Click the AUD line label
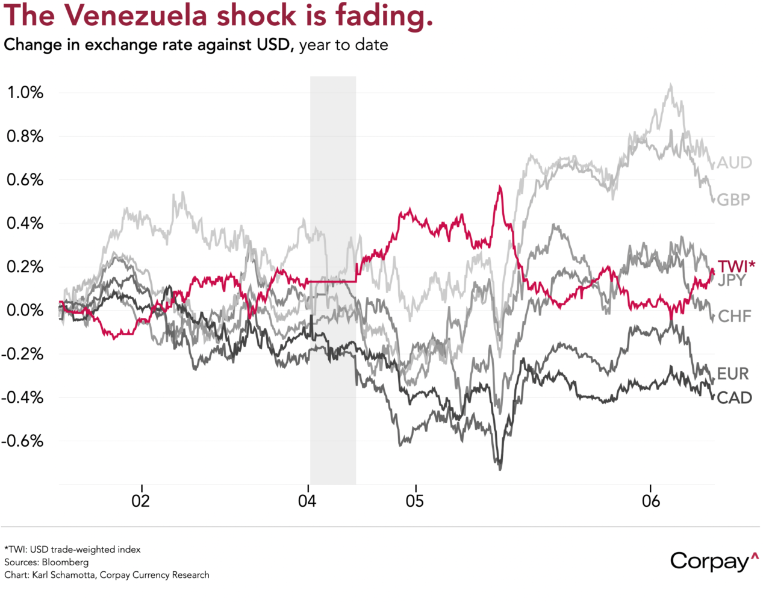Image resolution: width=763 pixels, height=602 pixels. point(734,163)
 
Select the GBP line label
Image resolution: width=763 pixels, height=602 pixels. point(733,200)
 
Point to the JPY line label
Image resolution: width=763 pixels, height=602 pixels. point(732,280)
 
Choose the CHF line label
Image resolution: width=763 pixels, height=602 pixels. point(734,316)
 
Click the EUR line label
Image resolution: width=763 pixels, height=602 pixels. point(733,374)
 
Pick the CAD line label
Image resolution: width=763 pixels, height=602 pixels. point(734,397)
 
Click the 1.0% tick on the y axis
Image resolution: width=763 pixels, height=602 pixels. point(25,93)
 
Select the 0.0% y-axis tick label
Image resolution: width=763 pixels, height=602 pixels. point(25,311)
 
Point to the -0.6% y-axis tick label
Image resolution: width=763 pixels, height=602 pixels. point(22,441)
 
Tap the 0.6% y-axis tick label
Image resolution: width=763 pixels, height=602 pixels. point(25,180)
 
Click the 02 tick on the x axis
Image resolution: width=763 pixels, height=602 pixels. point(141,501)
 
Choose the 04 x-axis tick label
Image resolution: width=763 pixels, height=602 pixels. point(308,501)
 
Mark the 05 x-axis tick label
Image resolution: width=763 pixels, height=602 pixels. point(415,501)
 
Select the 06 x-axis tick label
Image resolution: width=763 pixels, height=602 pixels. point(651,501)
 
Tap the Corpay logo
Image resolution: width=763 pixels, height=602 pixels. point(714,560)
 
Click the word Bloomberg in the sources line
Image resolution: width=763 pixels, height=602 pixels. point(65,562)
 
